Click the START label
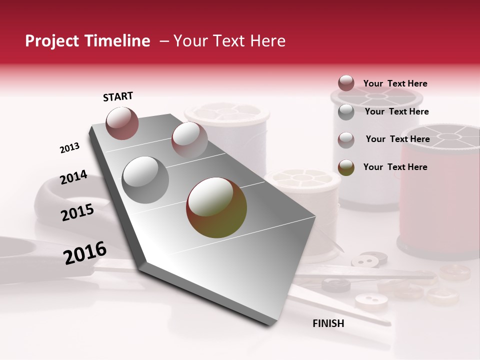(x=118, y=96)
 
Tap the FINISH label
(x=328, y=323)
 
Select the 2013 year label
(x=69, y=148)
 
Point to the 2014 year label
(x=73, y=177)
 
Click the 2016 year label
(x=85, y=253)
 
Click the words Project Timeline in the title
(x=87, y=41)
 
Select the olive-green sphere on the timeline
(x=216, y=208)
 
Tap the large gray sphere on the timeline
(x=145, y=180)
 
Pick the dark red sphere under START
(x=122, y=123)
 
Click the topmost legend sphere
(x=346, y=83)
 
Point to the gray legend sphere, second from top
(x=346, y=112)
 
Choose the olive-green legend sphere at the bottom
(x=346, y=167)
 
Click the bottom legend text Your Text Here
(x=395, y=167)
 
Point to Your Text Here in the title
(x=229, y=41)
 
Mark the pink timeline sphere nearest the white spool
(x=189, y=139)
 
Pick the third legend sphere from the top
(x=346, y=140)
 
